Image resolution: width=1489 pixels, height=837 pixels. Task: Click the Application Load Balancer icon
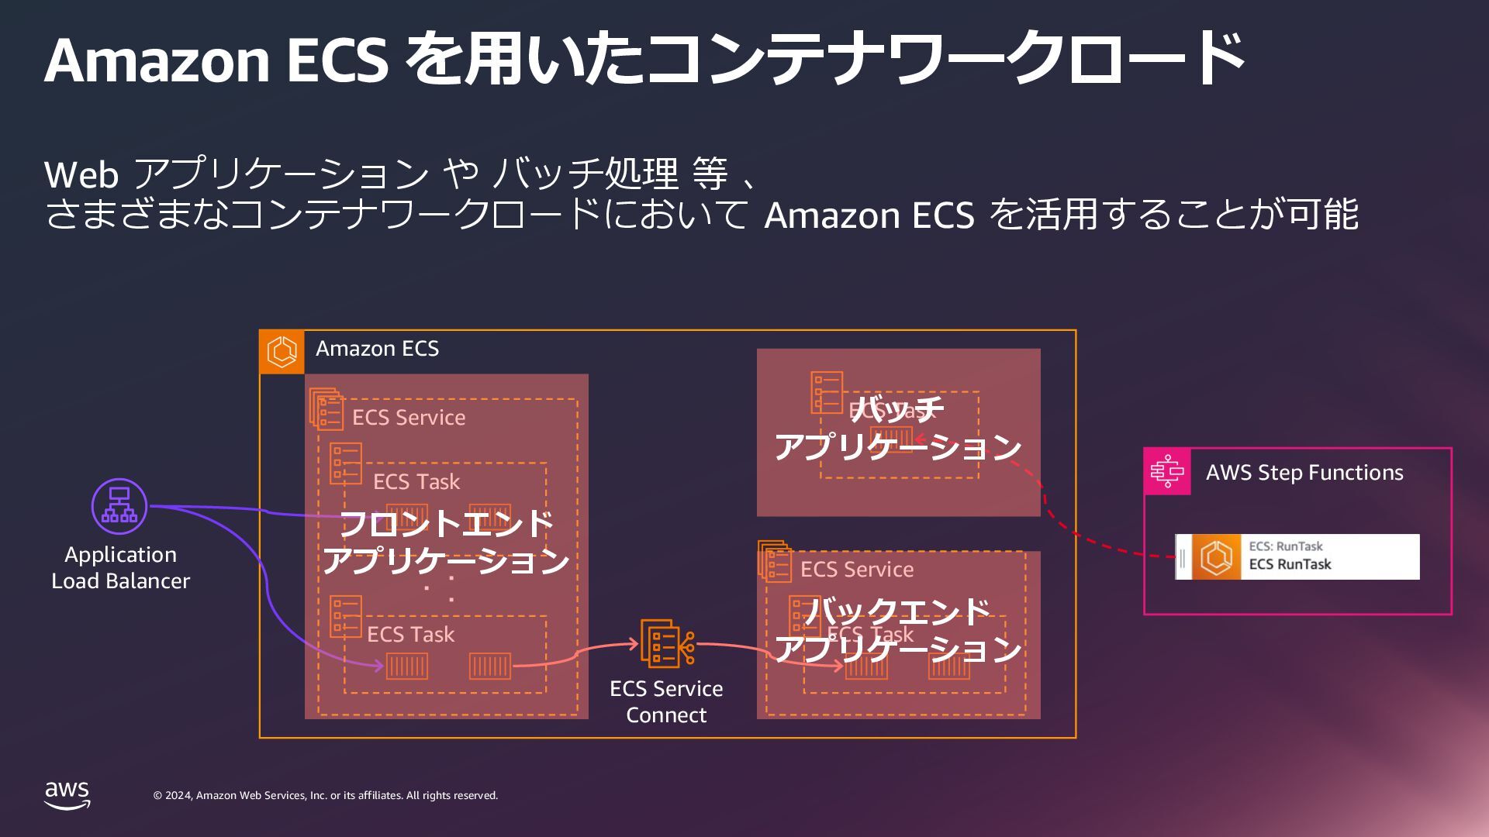click(x=119, y=506)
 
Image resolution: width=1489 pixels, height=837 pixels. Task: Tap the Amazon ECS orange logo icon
click(x=282, y=351)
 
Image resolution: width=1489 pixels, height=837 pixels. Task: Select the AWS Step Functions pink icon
click(x=1167, y=471)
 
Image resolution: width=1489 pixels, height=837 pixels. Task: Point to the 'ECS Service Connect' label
click(x=666, y=701)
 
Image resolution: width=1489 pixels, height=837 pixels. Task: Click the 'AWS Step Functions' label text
click(x=1304, y=473)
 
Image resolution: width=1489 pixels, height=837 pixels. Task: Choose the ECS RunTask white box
click(x=1297, y=556)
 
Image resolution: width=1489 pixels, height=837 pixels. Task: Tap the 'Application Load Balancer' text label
click(x=120, y=567)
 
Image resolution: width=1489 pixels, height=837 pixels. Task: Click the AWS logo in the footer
click(x=67, y=795)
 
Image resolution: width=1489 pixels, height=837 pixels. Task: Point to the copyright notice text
click(x=326, y=796)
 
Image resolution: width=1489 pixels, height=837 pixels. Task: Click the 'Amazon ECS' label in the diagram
click(x=377, y=349)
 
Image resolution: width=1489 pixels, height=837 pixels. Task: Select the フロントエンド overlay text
click(x=446, y=524)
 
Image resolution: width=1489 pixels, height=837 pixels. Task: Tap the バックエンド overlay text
click(x=897, y=612)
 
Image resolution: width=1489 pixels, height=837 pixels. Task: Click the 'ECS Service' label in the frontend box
click(x=409, y=418)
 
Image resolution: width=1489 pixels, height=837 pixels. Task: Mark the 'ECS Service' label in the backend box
click(x=857, y=570)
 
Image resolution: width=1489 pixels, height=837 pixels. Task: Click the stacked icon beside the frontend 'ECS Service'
click(x=326, y=408)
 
